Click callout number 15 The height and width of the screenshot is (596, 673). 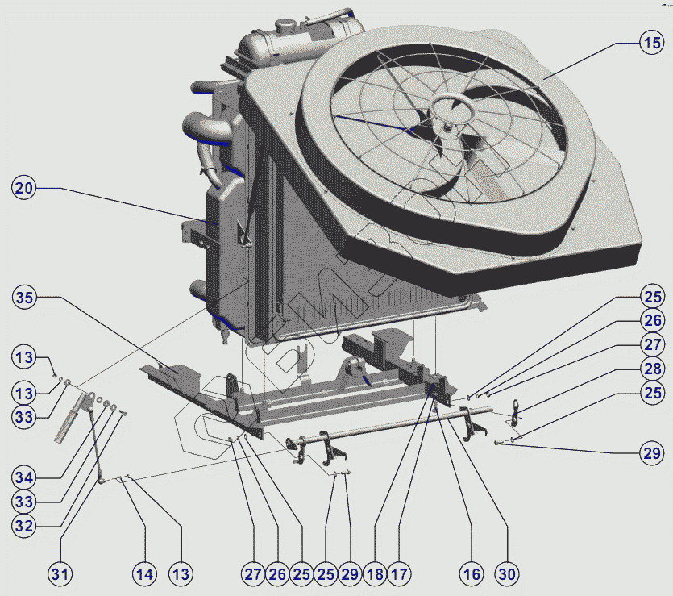pyautogui.click(x=652, y=43)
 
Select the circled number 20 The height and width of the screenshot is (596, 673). pyautogui.click(x=23, y=188)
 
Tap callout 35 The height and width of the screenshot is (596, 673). pyautogui.click(x=24, y=297)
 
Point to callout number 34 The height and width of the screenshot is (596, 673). pyautogui.click(x=24, y=477)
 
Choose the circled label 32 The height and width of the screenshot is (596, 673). pyautogui.click(x=24, y=526)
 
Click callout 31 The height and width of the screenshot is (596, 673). pyautogui.click(x=60, y=574)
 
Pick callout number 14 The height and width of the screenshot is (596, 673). pyautogui.click(x=144, y=574)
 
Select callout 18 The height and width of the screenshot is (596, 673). pyautogui.click(x=375, y=574)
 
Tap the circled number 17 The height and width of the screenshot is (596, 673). pyautogui.click(x=399, y=574)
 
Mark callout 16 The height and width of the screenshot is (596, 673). pyautogui.click(x=472, y=574)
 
